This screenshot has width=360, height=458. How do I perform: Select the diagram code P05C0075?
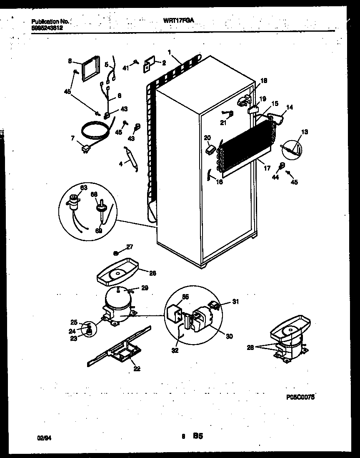pyautogui.click(x=300, y=398)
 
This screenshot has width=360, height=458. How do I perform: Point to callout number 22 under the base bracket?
pyautogui.click(x=137, y=368)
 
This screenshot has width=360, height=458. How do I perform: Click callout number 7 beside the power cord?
pyautogui.click(x=73, y=138)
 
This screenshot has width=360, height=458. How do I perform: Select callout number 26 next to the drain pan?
pyautogui.click(x=152, y=273)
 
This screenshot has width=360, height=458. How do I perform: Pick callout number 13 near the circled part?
pyautogui.click(x=305, y=133)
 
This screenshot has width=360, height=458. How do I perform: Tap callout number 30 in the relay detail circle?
pyautogui.click(x=229, y=337)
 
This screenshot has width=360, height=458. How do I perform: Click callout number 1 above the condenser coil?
pyautogui.click(x=169, y=52)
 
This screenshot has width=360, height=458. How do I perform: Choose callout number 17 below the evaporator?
pyautogui.click(x=267, y=168)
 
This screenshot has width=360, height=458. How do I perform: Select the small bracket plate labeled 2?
pyautogui.click(x=149, y=65)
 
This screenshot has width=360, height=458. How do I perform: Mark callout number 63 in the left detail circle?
pyautogui.click(x=84, y=188)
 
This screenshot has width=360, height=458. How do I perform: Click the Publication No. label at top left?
pyautogui.click(x=50, y=21)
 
